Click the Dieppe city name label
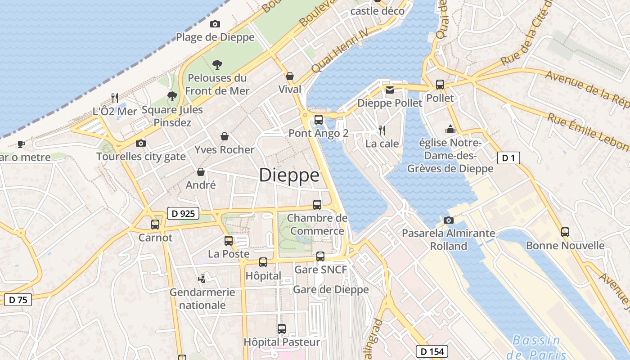tap(289, 175)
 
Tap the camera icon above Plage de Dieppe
tap(215, 24)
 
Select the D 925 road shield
tap(183, 213)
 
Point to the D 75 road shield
tap(18, 300)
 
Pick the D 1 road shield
tap(508, 158)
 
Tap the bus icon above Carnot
tap(155, 224)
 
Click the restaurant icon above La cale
tap(382, 130)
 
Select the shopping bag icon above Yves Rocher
tap(225, 136)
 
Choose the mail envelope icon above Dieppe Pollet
tap(390, 90)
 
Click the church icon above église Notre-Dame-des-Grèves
tap(450, 130)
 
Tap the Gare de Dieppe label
tap(331, 289)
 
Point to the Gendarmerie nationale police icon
tap(202, 279)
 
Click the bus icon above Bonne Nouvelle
tap(565, 232)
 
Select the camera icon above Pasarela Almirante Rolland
tap(448, 220)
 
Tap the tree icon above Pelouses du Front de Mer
tap(217, 64)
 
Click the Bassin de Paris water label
tap(536, 346)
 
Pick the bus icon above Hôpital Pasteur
tap(282, 329)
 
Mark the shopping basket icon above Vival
tap(290, 76)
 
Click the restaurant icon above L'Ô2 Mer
tap(115, 98)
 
